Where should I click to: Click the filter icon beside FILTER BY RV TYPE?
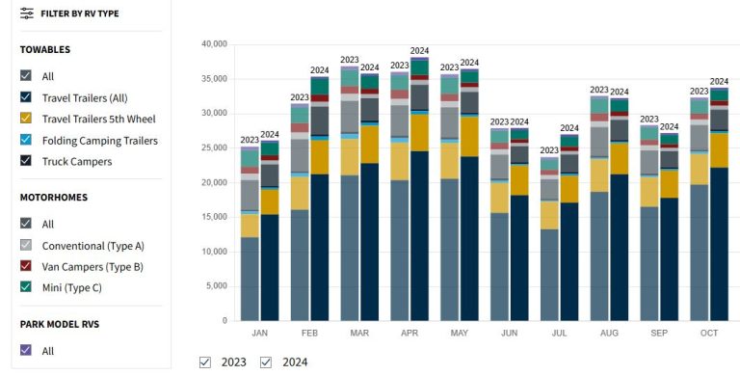coord(27,14)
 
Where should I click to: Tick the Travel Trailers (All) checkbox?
coord(27,97)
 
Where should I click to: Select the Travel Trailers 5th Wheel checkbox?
coord(27,119)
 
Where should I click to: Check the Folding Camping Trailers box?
coord(27,140)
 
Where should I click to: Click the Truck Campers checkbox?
coord(27,161)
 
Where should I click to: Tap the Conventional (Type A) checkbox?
coord(27,245)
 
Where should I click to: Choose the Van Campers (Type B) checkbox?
coord(27,266)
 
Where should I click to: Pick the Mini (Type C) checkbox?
coord(27,287)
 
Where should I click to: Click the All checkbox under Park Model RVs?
coord(27,351)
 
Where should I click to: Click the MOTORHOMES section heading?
coord(54,197)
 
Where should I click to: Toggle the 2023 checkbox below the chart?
coord(204,362)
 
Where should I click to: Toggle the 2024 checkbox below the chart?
coord(266,362)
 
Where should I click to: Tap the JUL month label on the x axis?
coord(560,333)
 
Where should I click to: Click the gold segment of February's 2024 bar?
coord(320,156)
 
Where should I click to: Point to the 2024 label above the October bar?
coord(719,82)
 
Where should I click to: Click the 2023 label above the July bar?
coord(549,150)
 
